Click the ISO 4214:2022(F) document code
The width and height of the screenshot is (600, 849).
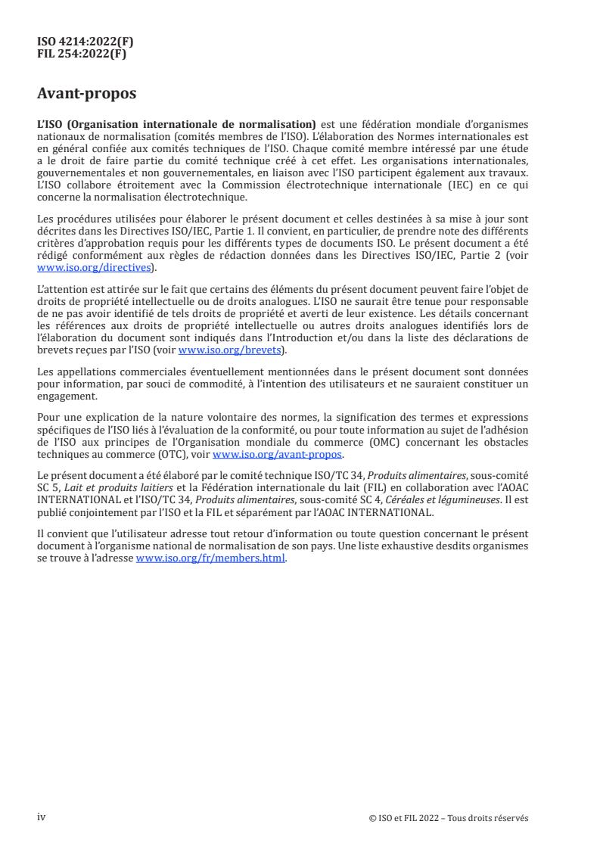[79, 41]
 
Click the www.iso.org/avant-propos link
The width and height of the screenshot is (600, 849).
[278, 455]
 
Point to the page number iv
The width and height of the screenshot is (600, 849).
[42, 817]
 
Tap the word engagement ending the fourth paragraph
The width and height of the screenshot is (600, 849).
[67, 395]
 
